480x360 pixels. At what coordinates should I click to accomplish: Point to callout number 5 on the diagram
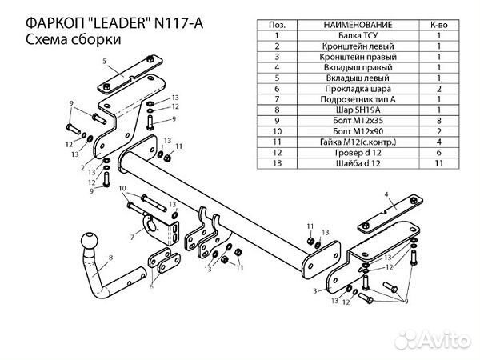point(104,61)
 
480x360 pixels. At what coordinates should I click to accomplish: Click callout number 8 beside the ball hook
point(111,258)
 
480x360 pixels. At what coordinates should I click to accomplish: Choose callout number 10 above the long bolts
point(122,189)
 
